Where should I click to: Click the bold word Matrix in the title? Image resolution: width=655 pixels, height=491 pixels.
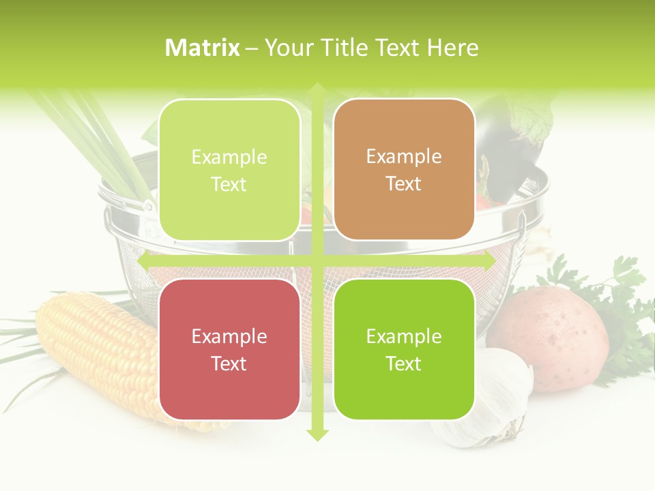click(x=203, y=48)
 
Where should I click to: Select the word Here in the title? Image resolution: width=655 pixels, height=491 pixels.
click(x=452, y=48)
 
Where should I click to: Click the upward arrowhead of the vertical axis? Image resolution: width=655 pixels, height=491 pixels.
click(x=317, y=89)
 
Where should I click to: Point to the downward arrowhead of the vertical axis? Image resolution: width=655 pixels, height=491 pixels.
click(x=317, y=434)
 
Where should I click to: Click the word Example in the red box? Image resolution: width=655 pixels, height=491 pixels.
click(x=229, y=337)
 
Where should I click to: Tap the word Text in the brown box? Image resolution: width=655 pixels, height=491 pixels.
click(x=404, y=183)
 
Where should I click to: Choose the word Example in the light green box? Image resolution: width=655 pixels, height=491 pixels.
click(x=229, y=158)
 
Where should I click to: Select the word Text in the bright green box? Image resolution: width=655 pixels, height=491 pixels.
click(x=404, y=363)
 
